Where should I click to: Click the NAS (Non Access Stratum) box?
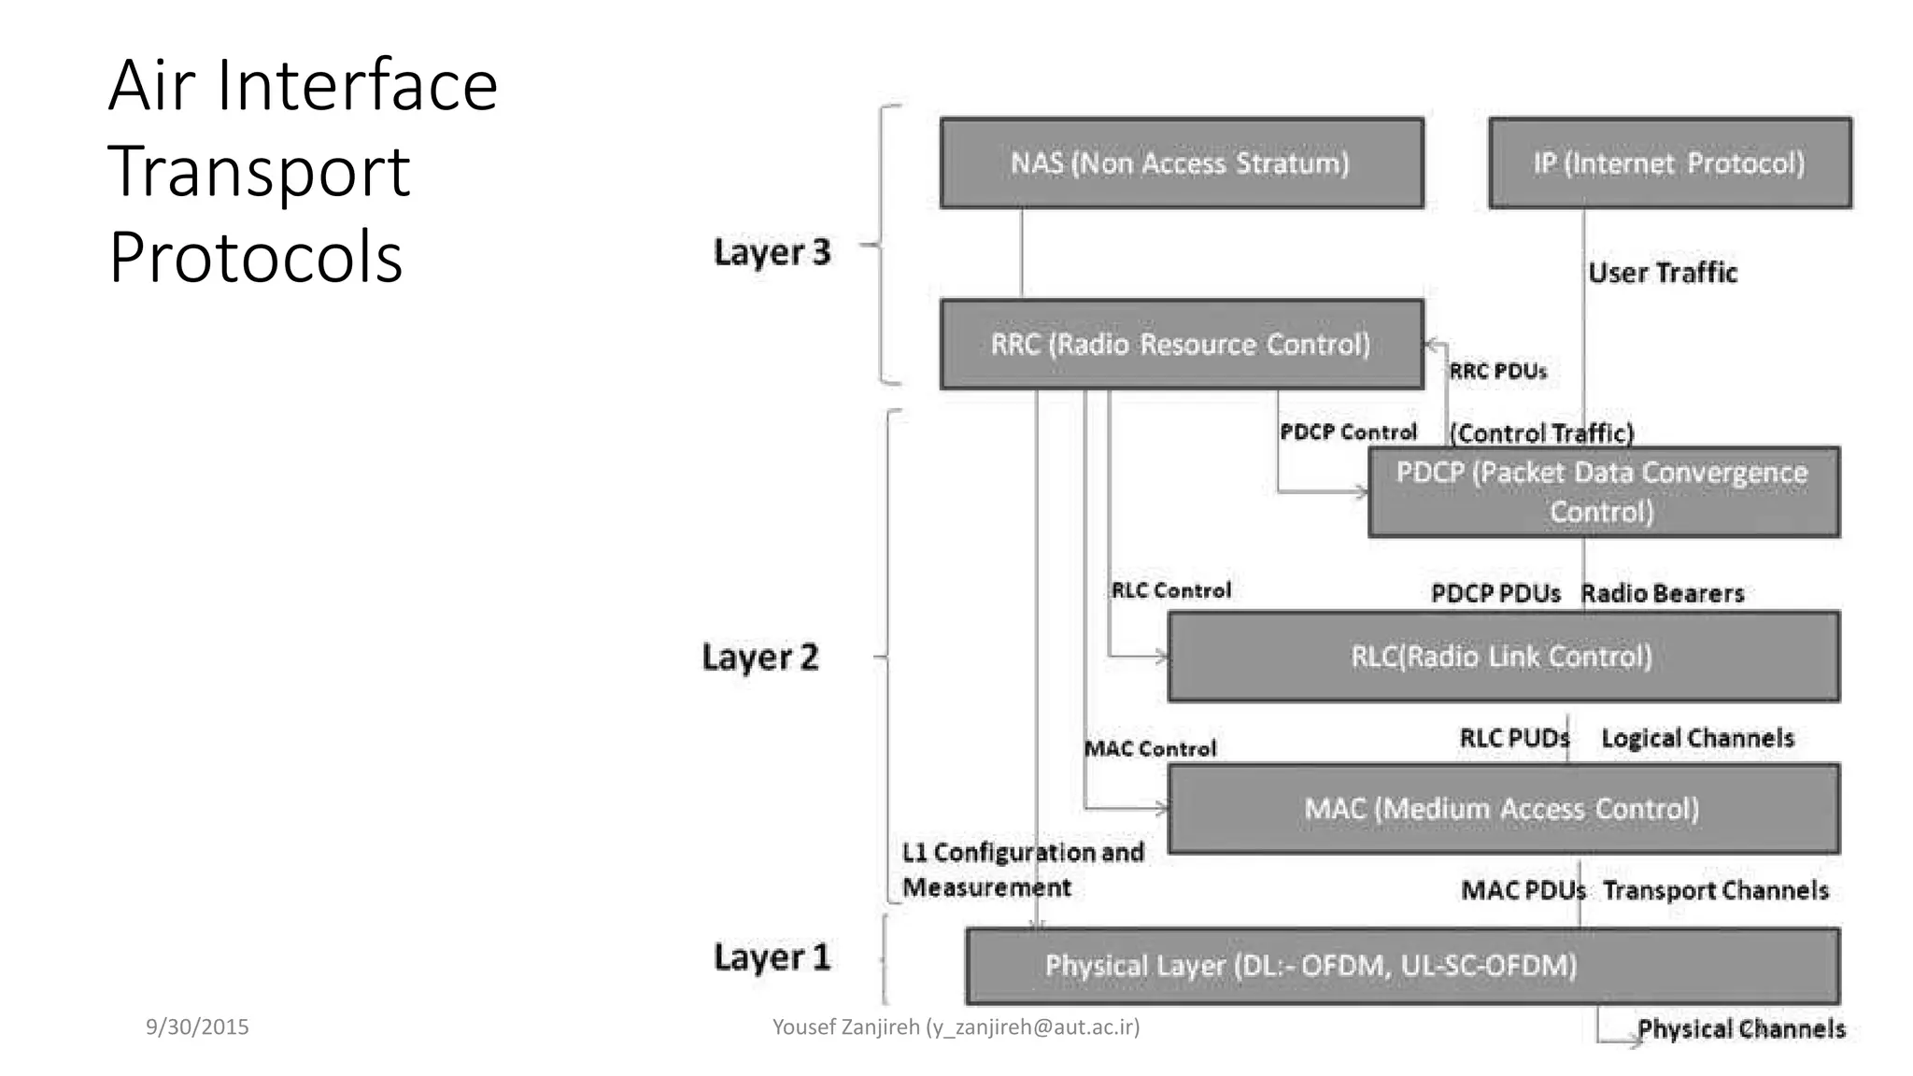pos(1182,163)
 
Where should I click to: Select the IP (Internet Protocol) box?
pos(1669,163)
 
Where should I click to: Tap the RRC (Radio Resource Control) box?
pos(1182,344)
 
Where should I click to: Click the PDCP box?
pos(1603,492)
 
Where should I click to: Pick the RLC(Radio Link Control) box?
pos(1503,657)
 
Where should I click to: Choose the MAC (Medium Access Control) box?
pos(1503,809)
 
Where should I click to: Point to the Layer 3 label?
pos(772,252)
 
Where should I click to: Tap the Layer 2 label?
pos(759,658)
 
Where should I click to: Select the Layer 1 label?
pos(772,957)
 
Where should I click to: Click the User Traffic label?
pos(1663,273)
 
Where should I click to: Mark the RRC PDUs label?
pos(1497,372)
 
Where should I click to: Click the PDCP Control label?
pos(1348,432)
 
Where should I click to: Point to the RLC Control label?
pos(1170,590)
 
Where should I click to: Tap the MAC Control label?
pos(1150,748)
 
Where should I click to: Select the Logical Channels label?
pos(1697,739)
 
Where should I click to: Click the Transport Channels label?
pos(1716,890)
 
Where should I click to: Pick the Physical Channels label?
pos(1741,1029)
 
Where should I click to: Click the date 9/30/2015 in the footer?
pos(197,1026)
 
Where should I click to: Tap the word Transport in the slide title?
pos(259,171)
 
